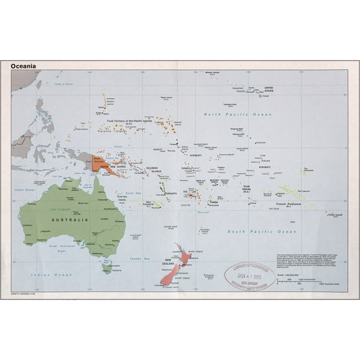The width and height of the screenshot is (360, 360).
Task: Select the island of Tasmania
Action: click(x=107, y=268)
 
